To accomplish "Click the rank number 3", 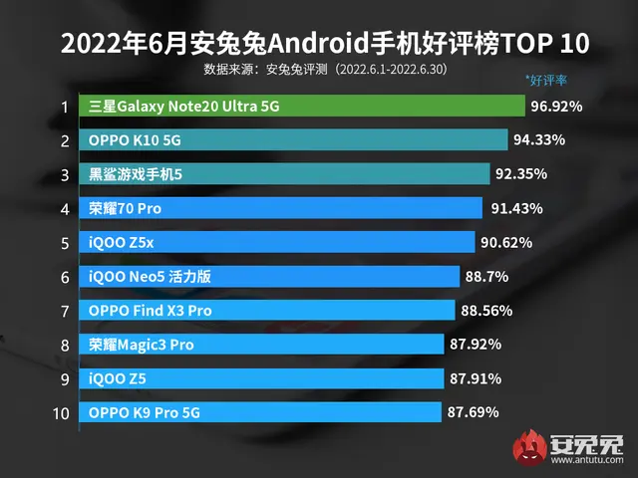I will tap(64, 174).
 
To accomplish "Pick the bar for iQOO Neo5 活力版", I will tap(269, 276).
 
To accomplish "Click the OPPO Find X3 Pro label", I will tap(151, 310).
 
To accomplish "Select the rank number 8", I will tap(64, 344).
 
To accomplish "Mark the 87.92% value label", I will tap(476, 344).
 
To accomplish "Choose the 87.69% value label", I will tap(474, 411).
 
